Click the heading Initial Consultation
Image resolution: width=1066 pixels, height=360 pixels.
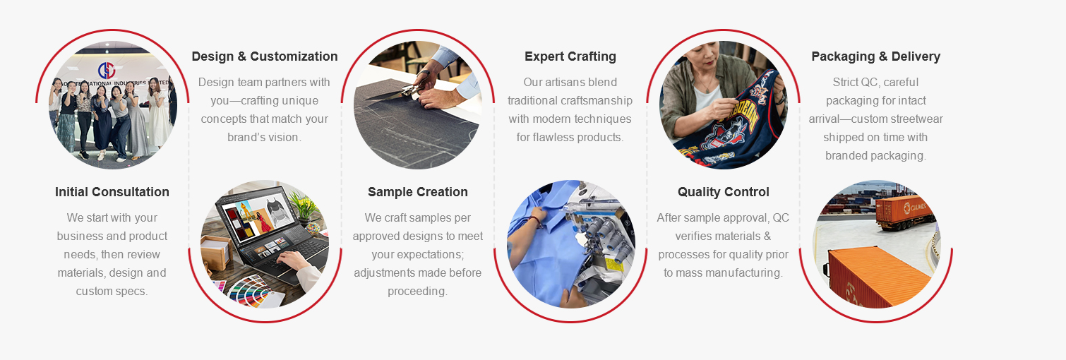pyautogui.click(x=112, y=192)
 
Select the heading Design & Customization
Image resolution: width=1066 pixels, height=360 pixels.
pyautogui.click(x=265, y=56)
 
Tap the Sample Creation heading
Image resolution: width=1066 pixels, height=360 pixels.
pyautogui.click(x=418, y=192)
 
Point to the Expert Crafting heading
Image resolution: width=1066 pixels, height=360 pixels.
pyautogui.click(x=570, y=56)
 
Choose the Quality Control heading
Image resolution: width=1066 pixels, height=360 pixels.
pyautogui.click(x=724, y=192)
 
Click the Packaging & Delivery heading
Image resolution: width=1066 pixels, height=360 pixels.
pyautogui.click(x=876, y=56)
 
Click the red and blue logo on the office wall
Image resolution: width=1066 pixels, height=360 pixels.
pyautogui.click(x=107, y=69)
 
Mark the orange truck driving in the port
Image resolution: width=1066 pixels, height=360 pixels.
pyautogui.click(x=902, y=211)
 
